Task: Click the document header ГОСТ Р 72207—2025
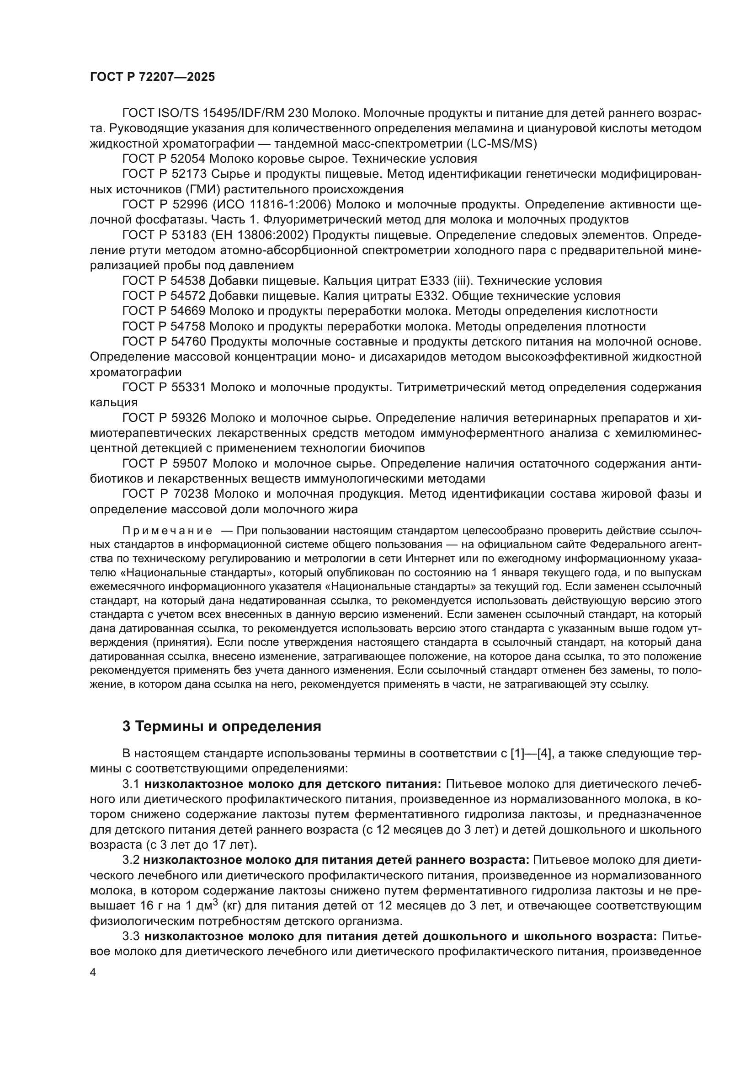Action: click(x=152, y=77)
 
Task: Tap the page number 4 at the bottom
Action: click(x=93, y=973)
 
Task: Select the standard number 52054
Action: click(x=188, y=159)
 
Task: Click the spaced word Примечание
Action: click(x=168, y=531)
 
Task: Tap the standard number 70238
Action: click(x=188, y=494)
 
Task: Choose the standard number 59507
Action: click(x=188, y=463)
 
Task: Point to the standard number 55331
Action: click(x=188, y=388)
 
